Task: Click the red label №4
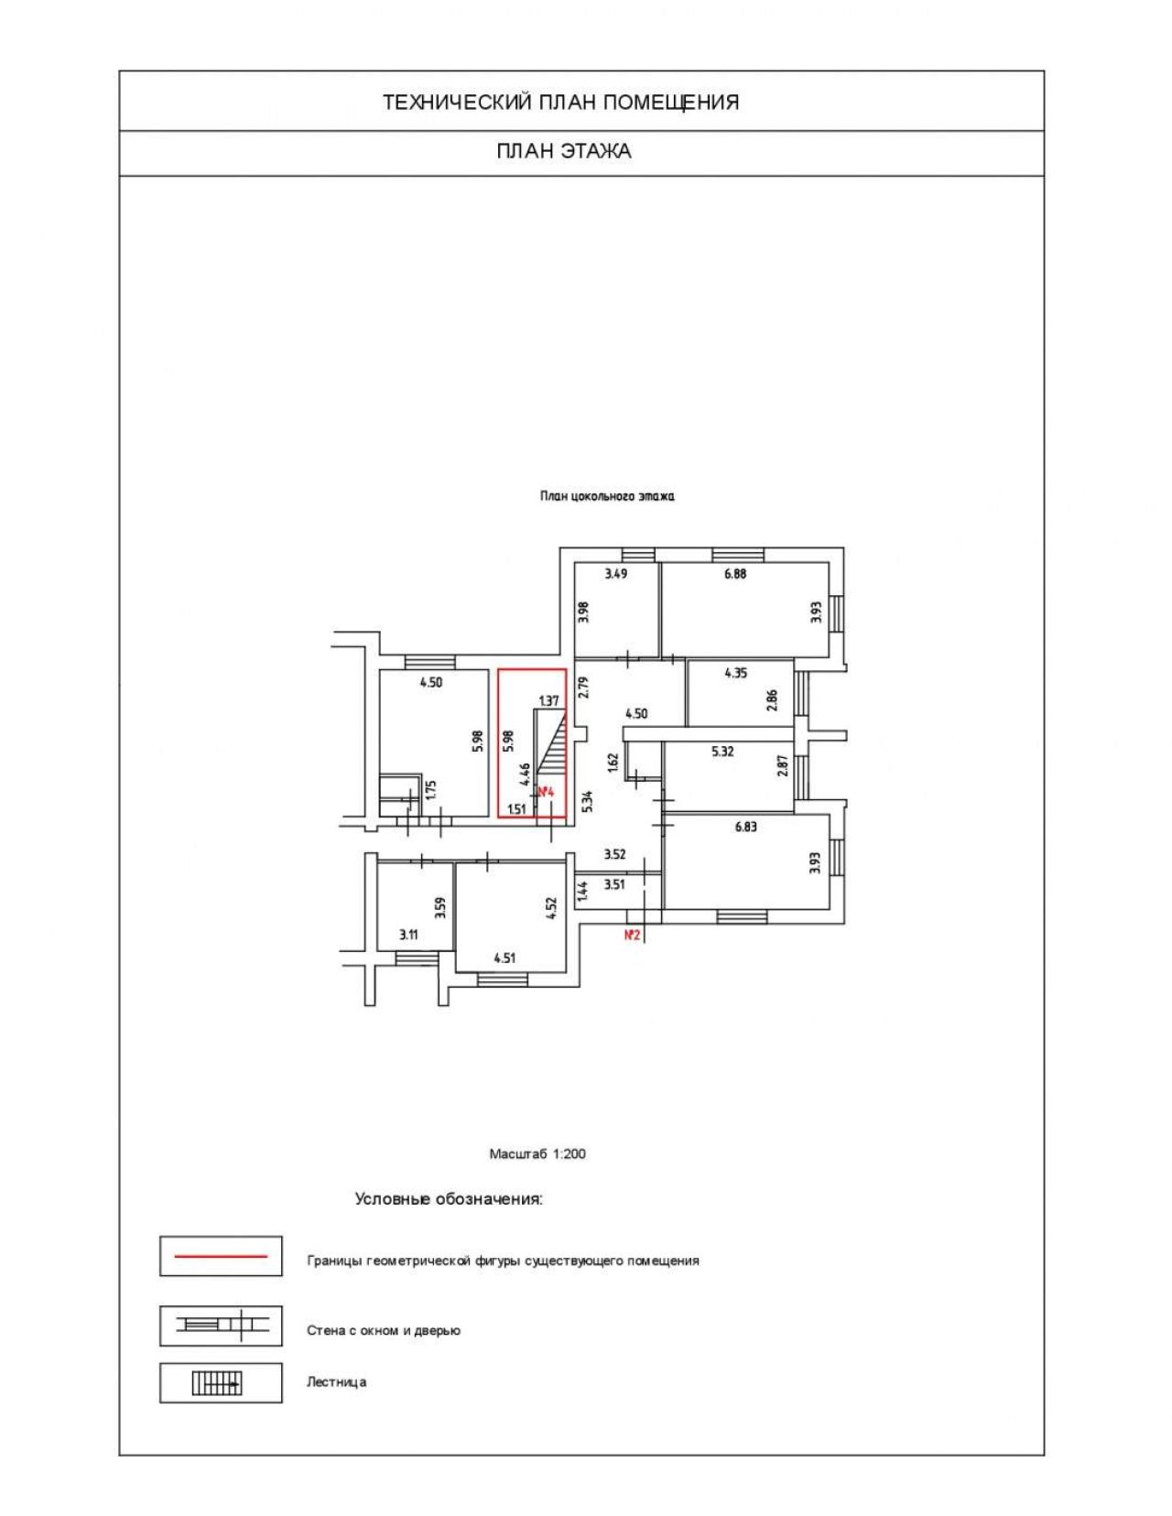click(x=546, y=793)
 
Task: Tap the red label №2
click(x=632, y=936)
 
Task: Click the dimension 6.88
click(x=735, y=574)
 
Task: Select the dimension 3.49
click(x=615, y=574)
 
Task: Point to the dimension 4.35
click(x=736, y=673)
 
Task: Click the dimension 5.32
click(x=722, y=753)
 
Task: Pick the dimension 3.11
click(x=408, y=936)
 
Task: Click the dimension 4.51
click(x=505, y=958)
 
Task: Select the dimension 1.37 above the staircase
click(x=549, y=700)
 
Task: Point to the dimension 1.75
click(x=431, y=790)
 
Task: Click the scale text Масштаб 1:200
click(x=537, y=1153)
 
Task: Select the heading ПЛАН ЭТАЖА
click(x=564, y=151)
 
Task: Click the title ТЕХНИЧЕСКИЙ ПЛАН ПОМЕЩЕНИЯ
click(x=561, y=103)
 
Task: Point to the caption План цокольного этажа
click(x=607, y=497)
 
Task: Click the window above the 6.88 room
click(x=739, y=555)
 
